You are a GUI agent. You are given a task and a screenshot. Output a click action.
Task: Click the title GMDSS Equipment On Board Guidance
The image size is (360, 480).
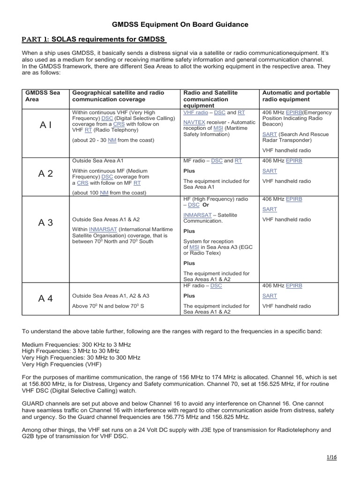(180, 24)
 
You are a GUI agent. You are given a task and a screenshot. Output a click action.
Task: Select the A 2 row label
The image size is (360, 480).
(45, 174)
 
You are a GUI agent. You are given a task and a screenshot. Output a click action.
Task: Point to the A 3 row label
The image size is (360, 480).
(45, 223)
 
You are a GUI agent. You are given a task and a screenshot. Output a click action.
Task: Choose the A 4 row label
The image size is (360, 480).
(45, 298)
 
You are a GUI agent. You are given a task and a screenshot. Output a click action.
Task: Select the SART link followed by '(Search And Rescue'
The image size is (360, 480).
(270, 134)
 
